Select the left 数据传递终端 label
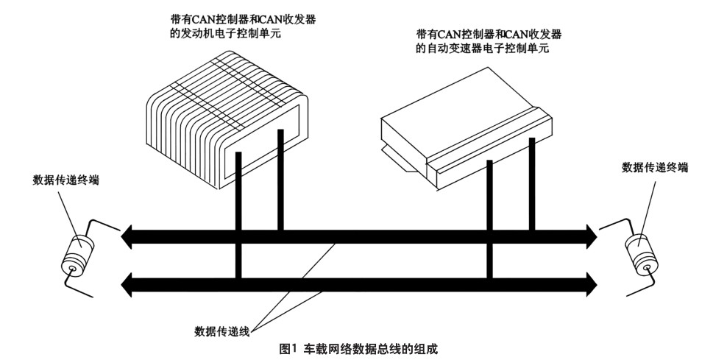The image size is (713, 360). point(66,179)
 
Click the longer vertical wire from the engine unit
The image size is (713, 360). point(239,221)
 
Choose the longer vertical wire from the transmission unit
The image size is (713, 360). point(489,221)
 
